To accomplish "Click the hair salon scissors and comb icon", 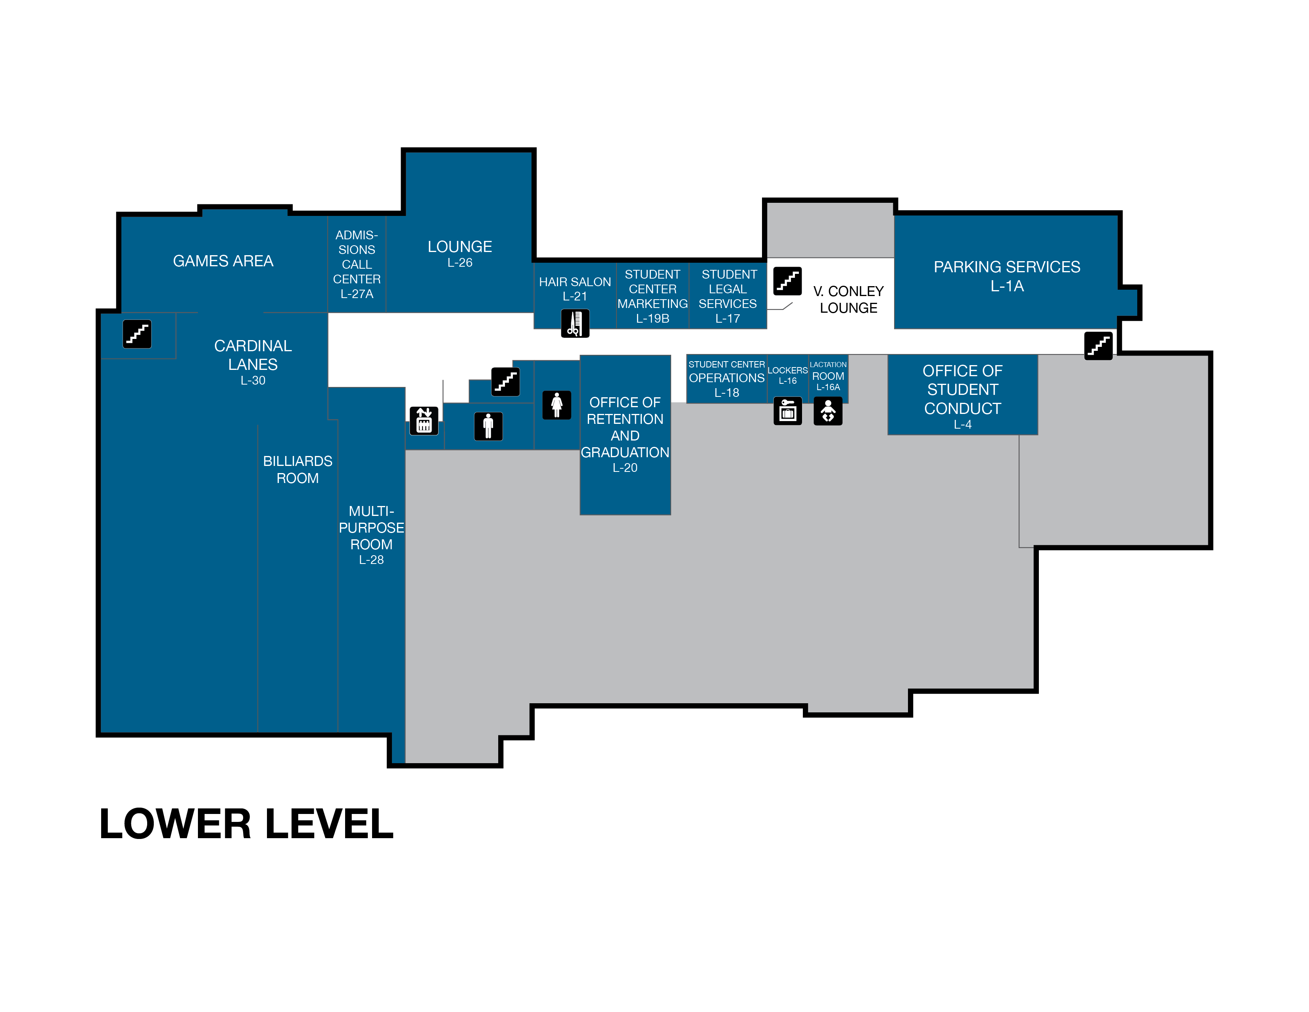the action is (x=575, y=323).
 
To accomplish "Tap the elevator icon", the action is (x=424, y=420).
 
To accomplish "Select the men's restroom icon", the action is (x=488, y=426).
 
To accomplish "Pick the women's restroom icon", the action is (x=557, y=405).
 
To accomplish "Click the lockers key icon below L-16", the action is (x=787, y=411).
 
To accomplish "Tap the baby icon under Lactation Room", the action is (x=828, y=411).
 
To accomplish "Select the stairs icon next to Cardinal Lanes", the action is (x=137, y=334).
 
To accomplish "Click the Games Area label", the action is (x=223, y=261).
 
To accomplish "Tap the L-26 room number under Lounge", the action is (x=460, y=263).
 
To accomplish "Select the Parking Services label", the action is (x=1007, y=267).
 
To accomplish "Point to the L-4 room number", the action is (x=963, y=425).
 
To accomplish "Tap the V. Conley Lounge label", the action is (x=849, y=299).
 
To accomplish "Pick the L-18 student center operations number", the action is (x=726, y=392).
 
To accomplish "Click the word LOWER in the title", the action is (x=176, y=824).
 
